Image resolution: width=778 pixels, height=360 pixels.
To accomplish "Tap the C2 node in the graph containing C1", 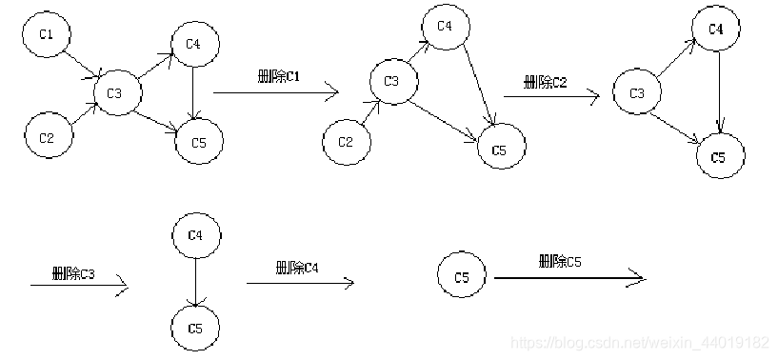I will (47, 137).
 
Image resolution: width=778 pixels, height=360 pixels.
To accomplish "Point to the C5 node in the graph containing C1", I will (198, 142).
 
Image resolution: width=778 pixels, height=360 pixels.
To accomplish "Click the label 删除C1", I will (279, 75).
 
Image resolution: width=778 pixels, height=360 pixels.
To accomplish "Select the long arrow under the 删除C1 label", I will (275, 92).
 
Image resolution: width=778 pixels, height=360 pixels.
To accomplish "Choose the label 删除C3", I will (74, 274).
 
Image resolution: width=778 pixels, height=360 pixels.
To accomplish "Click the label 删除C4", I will (296, 268).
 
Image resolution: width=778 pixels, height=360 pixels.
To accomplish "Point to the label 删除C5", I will (560, 260).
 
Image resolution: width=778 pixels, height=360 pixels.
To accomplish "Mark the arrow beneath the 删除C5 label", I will (569, 278).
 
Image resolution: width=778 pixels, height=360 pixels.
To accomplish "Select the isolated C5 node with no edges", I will (462, 278).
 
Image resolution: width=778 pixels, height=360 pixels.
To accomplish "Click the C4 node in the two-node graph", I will (195, 234).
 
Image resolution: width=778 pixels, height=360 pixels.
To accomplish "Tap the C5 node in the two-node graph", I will (195, 329).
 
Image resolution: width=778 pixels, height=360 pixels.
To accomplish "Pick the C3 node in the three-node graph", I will (637, 92).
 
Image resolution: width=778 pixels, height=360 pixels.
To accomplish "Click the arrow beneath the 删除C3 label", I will (78, 286).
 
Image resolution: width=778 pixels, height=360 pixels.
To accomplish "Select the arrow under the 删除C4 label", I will (300, 282).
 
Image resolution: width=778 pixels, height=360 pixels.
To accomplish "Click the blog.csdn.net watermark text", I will (640, 341).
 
